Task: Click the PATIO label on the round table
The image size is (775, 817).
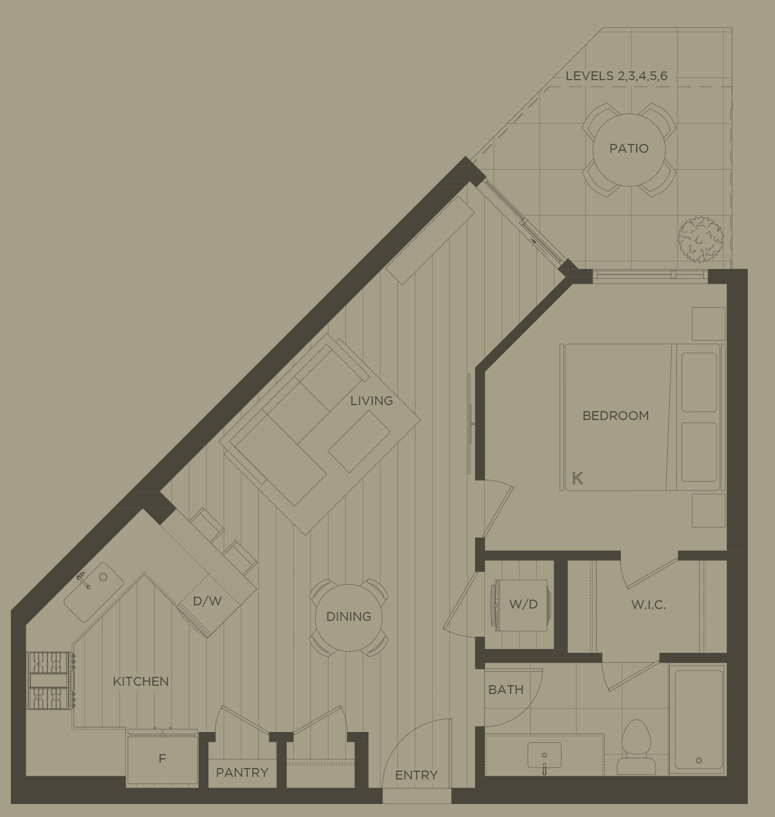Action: (628, 148)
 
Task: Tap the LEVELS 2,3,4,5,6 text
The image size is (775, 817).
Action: (616, 76)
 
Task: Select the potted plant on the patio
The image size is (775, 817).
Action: (700, 239)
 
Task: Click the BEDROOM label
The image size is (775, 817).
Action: (615, 416)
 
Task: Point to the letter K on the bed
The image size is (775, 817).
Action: (577, 478)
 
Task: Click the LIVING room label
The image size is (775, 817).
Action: (371, 401)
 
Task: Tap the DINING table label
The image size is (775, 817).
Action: (349, 617)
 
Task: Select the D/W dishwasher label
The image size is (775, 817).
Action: (207, 601)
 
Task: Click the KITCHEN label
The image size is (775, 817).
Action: (141, 682)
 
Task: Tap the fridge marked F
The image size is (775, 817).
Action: (162, 759)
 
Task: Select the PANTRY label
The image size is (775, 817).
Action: (242, 773)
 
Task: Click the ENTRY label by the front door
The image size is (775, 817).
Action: (416, 775)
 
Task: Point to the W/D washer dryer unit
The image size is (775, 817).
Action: (522, 605)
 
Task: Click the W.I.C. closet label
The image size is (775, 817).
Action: (648, 605)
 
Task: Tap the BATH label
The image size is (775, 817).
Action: (505, 690)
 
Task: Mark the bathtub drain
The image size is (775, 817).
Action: (699, 760)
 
